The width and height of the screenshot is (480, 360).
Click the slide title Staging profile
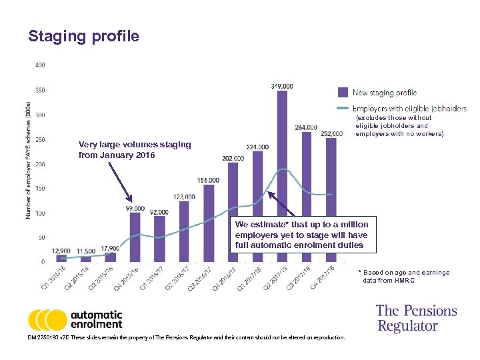click(x=83, y=36)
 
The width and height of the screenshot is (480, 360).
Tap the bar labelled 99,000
click(x=135, y=237)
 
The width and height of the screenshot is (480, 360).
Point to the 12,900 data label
click(x=61, y=250)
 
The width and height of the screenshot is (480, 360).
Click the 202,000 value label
click(x=232, y=158)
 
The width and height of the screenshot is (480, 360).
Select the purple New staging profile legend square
click(x=343, y=93)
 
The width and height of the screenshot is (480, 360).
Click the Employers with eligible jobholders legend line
click(x=343, y=109)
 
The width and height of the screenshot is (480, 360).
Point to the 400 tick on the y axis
click(x=39, y=65)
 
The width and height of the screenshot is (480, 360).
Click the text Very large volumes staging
click(x=134, y=145)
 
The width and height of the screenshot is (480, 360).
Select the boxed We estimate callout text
click(x=301, y=235)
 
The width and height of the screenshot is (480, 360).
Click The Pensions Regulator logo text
click(x=416, y=318)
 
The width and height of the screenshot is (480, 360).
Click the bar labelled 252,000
click(x=331, y=200)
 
